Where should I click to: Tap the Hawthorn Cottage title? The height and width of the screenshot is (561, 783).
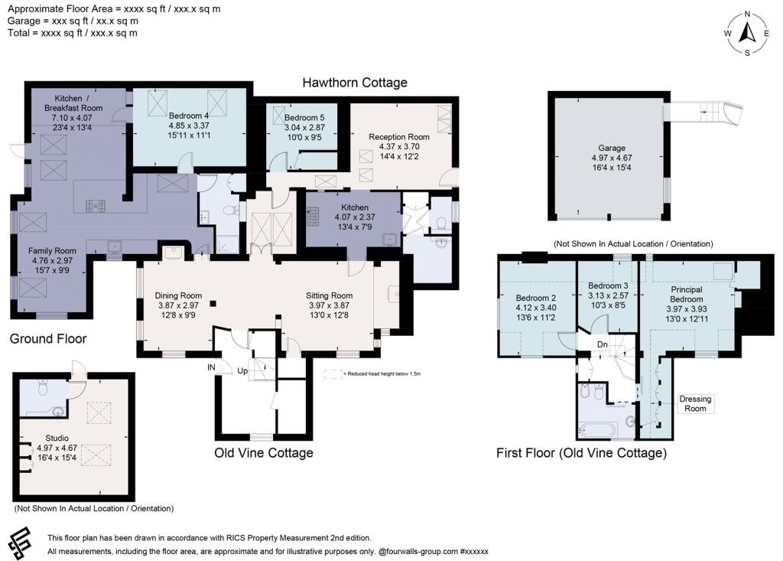coord(355,83)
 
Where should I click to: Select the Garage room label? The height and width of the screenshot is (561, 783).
coord(612,158)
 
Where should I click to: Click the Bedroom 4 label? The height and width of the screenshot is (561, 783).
coord(189,126)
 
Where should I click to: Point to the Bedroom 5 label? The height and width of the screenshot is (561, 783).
coord(304,128)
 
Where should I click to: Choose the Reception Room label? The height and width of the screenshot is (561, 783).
coord(399,146)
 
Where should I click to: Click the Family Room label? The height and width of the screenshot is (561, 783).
coord(52,260)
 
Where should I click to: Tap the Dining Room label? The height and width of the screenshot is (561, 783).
coord(178,305)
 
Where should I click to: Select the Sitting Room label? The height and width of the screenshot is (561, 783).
coord(329,305)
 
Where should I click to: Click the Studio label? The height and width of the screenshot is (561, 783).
coord(57,448)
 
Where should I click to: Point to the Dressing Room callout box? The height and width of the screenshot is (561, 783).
coord(695,403)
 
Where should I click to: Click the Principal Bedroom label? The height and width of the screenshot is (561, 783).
coord(687,304)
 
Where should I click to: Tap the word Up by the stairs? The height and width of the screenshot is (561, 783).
coord(242,371)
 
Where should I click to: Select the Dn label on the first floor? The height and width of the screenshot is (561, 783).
coord(603,344)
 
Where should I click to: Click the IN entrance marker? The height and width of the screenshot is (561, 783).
coord(211,367)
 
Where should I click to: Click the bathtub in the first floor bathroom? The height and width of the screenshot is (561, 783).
coord(598,430)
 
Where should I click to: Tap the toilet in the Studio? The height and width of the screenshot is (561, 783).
coord(44,387)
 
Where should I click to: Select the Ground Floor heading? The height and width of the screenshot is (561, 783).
coord(48,339)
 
